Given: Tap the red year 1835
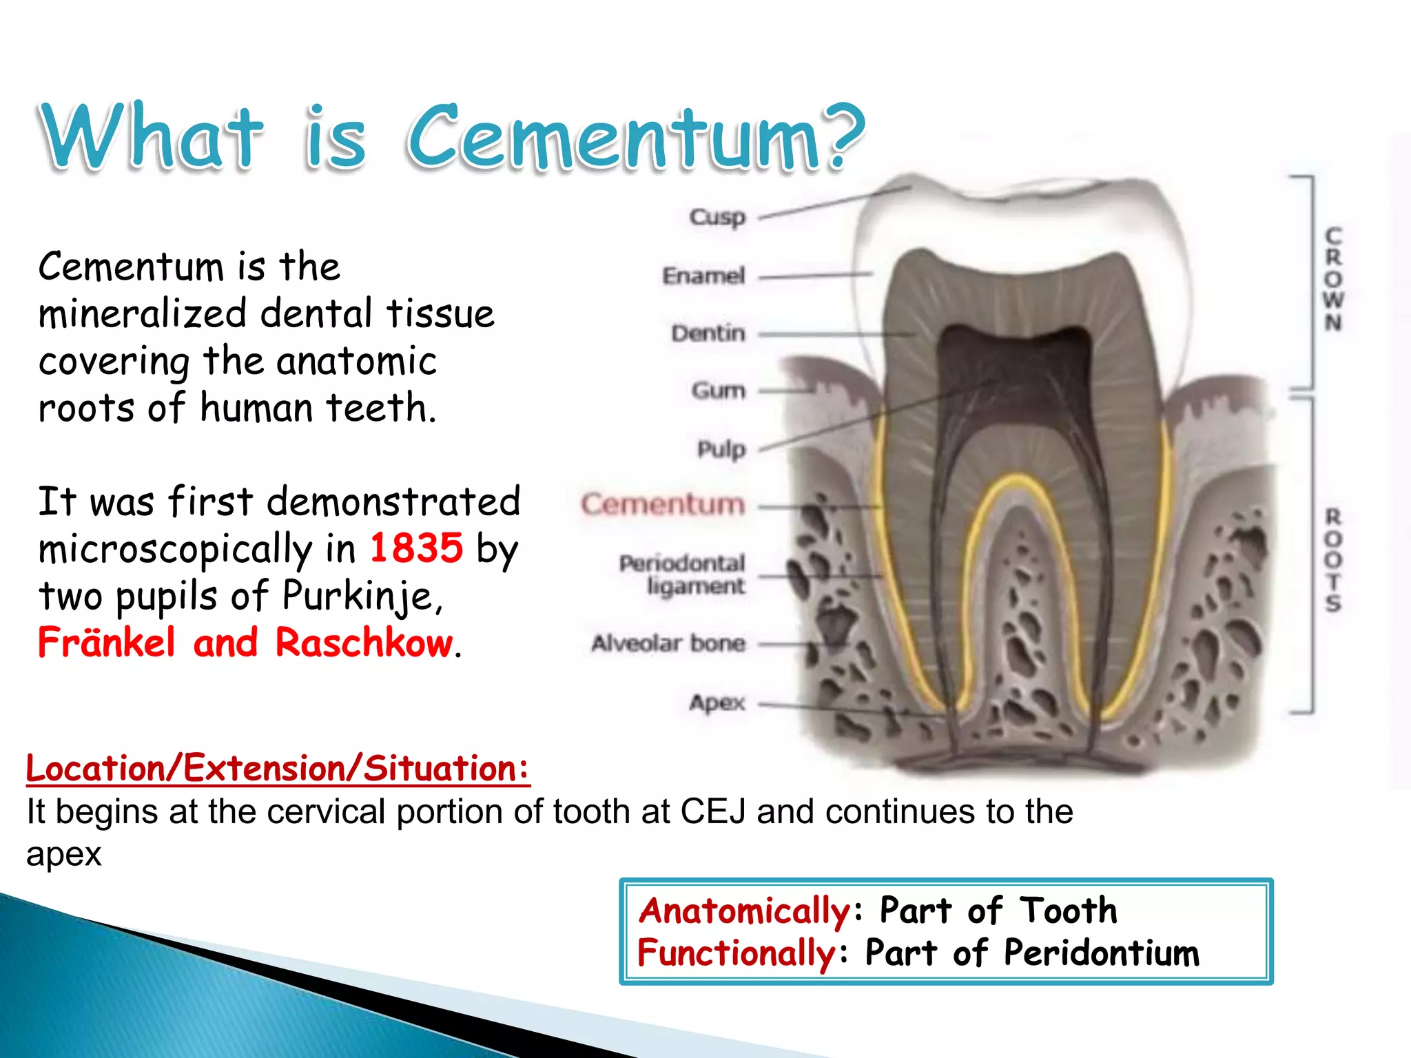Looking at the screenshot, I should (x=416, y=548).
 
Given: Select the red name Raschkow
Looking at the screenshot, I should (x=364, y=643).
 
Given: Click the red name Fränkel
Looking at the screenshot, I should (x=107, y=643).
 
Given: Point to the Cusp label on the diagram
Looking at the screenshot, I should (x=717, y=217).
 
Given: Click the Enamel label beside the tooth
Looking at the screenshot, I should (x=703, y=276).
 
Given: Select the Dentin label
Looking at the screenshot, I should (x=708, y=333).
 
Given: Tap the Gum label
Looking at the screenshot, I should (x=719, y=391).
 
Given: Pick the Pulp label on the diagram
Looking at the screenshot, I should (x=721, y=449).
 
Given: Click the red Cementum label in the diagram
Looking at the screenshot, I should (x=663, y=504).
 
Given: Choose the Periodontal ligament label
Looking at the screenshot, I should (x=682, y=574).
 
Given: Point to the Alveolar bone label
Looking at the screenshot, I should (x=668, y=643).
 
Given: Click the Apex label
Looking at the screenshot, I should (x=717, y=703).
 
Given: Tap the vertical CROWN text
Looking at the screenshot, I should (x=1333, y=279).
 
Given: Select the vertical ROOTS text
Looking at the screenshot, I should (x=1333, y=560).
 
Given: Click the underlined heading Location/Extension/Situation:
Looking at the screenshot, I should (x=278, y=768).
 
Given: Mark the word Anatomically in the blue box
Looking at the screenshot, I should (x=745, y=911).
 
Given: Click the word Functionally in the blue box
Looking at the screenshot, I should (x=737, y=953).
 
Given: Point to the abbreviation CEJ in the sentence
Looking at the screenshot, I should (x=713, y=811).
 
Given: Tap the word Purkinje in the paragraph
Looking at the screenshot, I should (x=358, y=596).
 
